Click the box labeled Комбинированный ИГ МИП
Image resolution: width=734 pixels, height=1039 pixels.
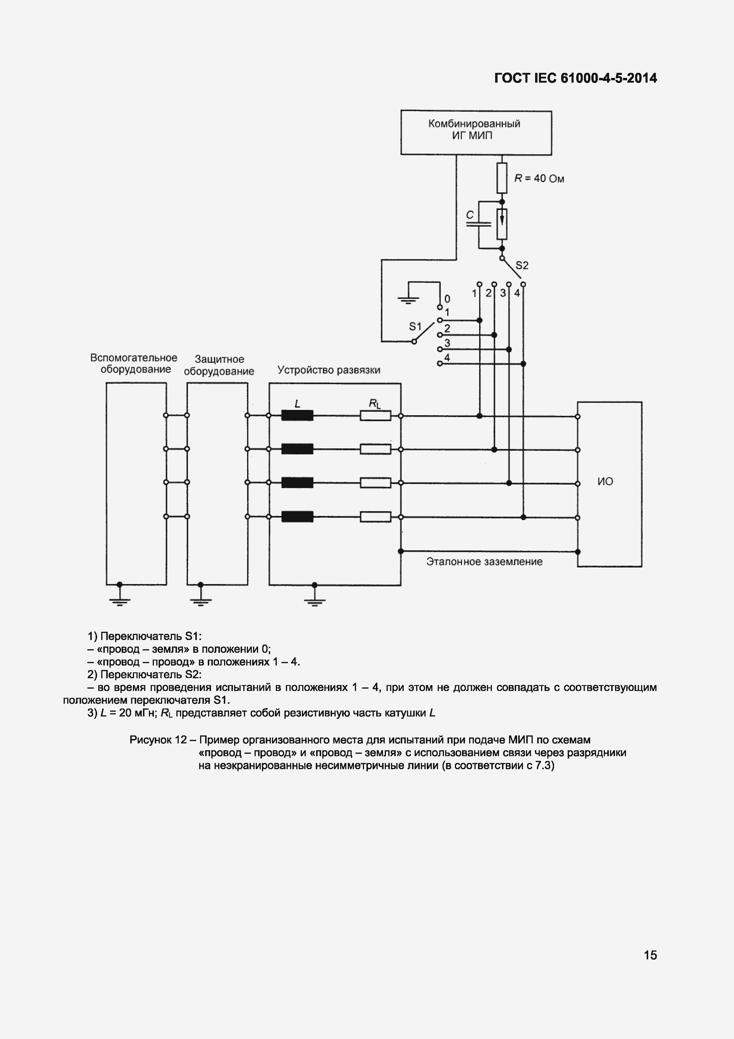pos(476,132)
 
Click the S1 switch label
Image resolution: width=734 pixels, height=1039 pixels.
pos(415,326)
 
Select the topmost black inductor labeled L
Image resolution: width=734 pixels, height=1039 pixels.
pos(297,415)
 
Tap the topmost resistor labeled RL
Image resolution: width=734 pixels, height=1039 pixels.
pos(375,415)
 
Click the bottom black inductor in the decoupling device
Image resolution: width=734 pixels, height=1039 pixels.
pos(297,516)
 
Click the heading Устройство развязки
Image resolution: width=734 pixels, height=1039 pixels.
pos(329,370)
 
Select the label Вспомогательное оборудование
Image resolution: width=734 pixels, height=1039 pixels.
pos(134,363)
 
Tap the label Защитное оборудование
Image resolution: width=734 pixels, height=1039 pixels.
pos(219,365)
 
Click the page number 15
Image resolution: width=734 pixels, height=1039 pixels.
pos(650,955)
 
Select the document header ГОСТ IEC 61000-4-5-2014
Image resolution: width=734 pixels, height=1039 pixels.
pos(575,78)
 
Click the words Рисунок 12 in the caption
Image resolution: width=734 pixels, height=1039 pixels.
pos(158,740)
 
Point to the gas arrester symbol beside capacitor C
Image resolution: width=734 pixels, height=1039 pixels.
pos(502,224)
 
